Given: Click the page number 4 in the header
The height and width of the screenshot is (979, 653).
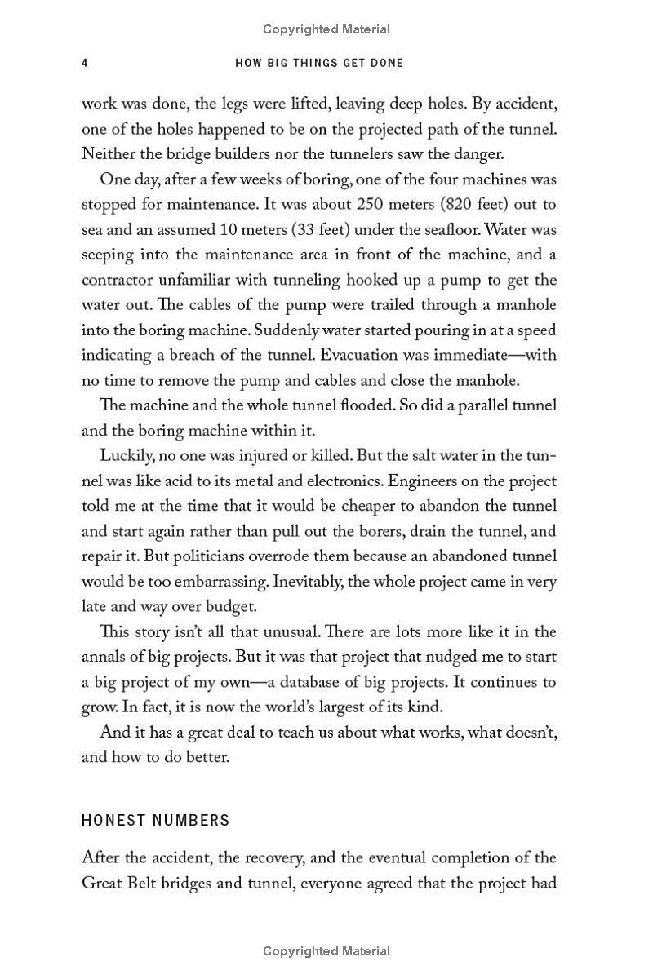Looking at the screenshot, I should click(x=85, y=63).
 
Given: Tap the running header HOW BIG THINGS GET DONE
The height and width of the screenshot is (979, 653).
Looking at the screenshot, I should click(x=319, y=63).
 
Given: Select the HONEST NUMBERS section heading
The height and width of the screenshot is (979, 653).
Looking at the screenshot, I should click(x=156, y=820).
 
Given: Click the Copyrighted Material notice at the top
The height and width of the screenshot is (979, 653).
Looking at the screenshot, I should click(x=326, y=29).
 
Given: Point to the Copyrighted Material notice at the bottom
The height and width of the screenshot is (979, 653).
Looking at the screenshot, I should click(x=326, y=950).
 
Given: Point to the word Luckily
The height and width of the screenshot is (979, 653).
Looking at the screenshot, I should click(x=127, y=455).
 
